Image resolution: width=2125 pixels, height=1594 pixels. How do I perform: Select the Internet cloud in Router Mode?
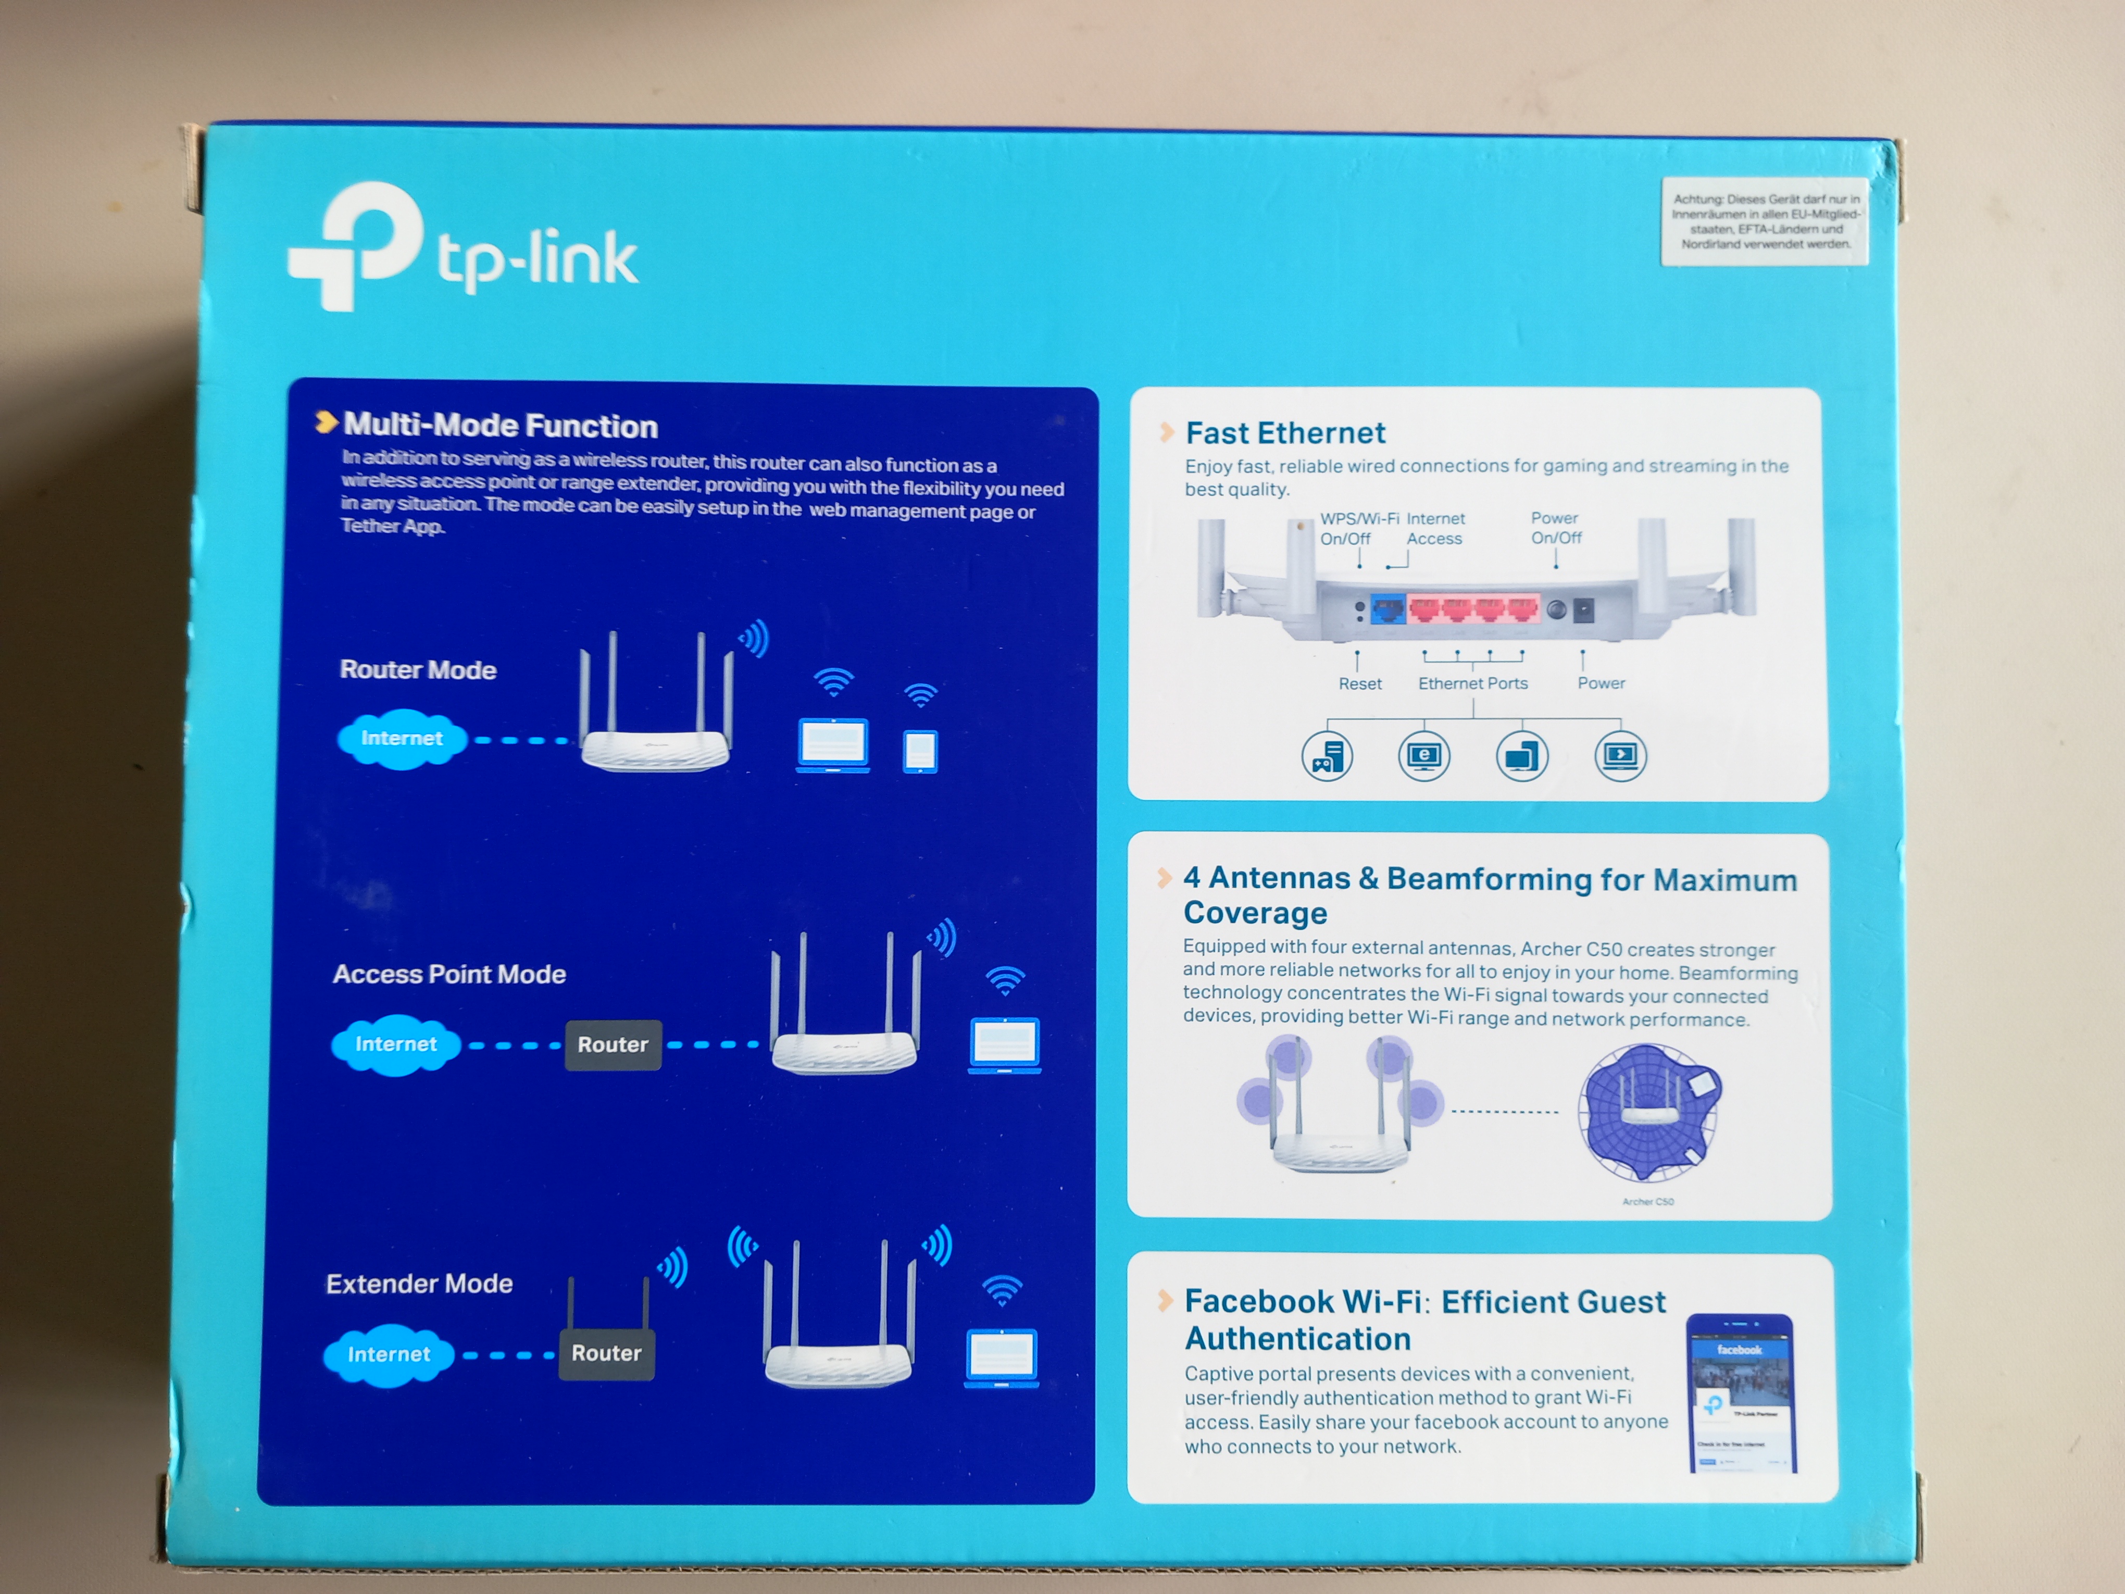point(402,739)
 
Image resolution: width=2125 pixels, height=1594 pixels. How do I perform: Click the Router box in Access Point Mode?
point(613,1044)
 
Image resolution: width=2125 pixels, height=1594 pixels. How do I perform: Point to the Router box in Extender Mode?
point(606,1353)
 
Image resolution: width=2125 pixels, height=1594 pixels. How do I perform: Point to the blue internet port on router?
point(1387,609)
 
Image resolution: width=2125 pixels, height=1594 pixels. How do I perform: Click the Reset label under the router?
point(1359,683)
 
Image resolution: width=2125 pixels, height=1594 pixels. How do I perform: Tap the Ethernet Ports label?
point(1472,683)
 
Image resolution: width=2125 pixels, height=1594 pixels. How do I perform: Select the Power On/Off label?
point(1555,528)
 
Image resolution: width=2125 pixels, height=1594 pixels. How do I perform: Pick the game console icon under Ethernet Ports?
point(1327,756)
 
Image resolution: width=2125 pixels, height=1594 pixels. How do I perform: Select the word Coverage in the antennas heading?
point(1255,913)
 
